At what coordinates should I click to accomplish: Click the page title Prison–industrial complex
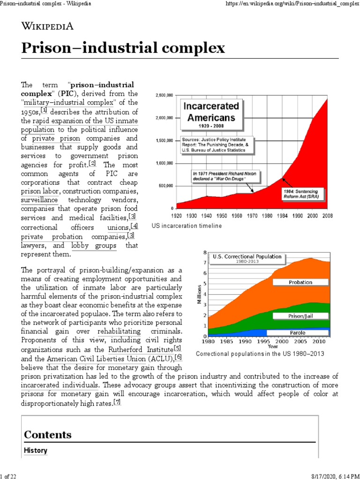click(x=123, y=48)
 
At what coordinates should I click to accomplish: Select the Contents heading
click(x=48, y=434)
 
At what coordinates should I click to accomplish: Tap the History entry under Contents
click(x=36, y=450)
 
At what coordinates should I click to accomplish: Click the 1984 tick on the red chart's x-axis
click(x=283, y=216)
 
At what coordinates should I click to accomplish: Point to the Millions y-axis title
click(x=199, y=294)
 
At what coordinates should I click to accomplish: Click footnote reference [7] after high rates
click(x=117, y=402)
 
